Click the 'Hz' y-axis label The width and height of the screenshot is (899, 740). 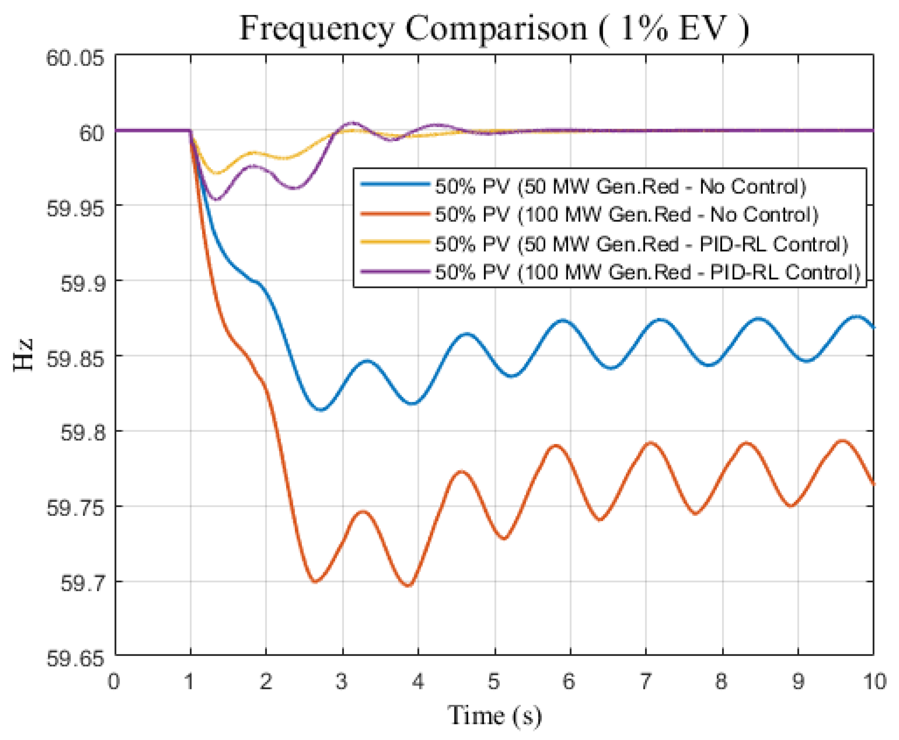[23, 355]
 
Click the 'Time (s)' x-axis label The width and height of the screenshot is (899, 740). [494, 715]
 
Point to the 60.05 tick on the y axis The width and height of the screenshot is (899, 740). [75, 57]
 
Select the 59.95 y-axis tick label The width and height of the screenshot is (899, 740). [75, 208]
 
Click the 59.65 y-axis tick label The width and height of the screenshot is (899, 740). [75, 659]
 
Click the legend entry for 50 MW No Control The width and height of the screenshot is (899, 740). [620, 187]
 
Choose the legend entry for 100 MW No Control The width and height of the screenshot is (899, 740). [626, 214]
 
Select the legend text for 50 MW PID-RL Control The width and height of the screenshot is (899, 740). [641, 244]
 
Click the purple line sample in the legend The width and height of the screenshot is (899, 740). [395, 272]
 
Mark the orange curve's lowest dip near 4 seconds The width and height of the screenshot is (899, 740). [408, 585]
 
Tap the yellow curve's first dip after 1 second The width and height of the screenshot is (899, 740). [217, 173]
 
